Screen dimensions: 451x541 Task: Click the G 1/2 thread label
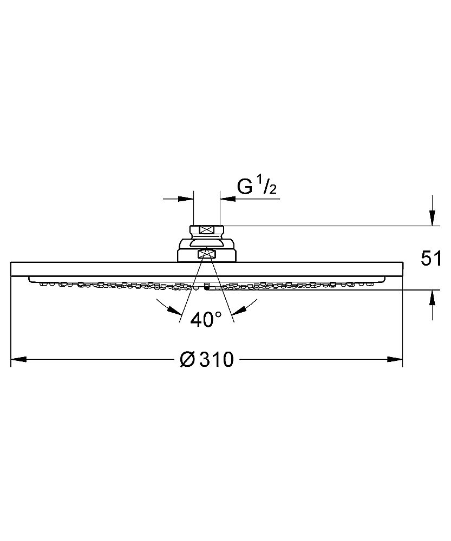(x=257, y=187)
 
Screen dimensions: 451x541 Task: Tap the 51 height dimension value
(x=430, y=259)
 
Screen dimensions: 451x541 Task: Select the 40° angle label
(x=206, y=320)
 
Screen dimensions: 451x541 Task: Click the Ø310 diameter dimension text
(x=207, y=360)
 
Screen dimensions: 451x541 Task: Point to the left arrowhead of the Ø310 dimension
(x=18, y=360)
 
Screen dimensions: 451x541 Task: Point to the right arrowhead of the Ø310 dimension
(x=395, y=360)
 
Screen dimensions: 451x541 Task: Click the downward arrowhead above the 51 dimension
(x=432, y=217)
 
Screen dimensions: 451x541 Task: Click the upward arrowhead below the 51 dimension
(x=432, y=298)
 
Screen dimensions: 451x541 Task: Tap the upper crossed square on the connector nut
(x=206, y=230)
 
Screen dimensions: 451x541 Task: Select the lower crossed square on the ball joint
(x=206, y=255)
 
